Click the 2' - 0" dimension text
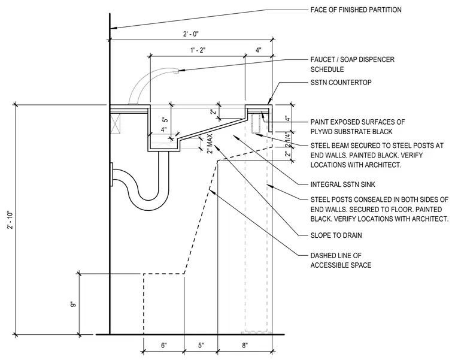[190, 34]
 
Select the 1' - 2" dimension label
[198, 50]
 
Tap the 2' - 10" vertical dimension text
[11, 220]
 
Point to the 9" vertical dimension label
[73, 304]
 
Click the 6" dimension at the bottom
[164, 346]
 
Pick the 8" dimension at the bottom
[245, 346]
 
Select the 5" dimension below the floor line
[201, 346]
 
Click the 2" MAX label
[210, 143]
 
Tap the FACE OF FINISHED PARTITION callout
[356, 10]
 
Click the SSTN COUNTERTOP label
[341, 83]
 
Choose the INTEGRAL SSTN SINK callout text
[342, 184]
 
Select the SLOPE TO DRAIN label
[336, 235]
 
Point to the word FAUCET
[321, 59]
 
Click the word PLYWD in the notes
[321, 132]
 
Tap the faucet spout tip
[176, 72]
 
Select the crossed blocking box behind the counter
[115, 123]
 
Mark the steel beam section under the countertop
[256, 124]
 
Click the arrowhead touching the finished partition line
[113, 28]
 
